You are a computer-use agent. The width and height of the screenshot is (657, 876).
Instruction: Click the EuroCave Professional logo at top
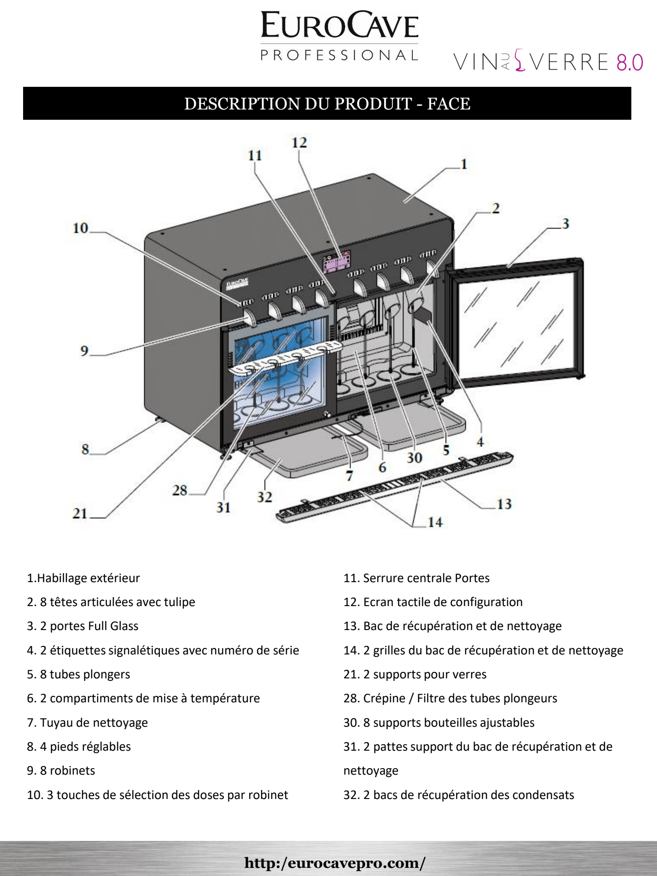339,36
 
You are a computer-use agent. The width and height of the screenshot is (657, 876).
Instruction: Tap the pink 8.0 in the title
629,63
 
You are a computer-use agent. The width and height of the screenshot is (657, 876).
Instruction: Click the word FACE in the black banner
449,104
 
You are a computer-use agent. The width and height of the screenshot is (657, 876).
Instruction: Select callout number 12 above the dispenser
299,143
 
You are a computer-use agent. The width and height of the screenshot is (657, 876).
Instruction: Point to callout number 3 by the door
565,224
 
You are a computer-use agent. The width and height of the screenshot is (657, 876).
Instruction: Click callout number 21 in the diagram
80,513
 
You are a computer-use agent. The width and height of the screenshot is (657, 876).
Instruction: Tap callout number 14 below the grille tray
435,522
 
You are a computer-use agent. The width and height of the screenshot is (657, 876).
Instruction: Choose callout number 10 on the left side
80,228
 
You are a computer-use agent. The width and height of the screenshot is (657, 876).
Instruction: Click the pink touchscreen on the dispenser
337,262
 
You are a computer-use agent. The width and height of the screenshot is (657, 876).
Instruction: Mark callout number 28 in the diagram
180,491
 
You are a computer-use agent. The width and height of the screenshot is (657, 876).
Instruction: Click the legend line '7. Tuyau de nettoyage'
87,723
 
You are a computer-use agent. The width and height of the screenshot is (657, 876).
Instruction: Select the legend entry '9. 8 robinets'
61,771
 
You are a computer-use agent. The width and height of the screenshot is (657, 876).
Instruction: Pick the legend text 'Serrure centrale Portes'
426,578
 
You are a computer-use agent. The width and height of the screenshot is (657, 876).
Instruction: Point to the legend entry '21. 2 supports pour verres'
415,675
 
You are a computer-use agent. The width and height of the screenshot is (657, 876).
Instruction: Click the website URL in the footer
335,862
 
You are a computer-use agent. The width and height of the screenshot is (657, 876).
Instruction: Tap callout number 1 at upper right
464,164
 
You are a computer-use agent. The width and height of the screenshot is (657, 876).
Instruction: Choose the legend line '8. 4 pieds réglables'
79,747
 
